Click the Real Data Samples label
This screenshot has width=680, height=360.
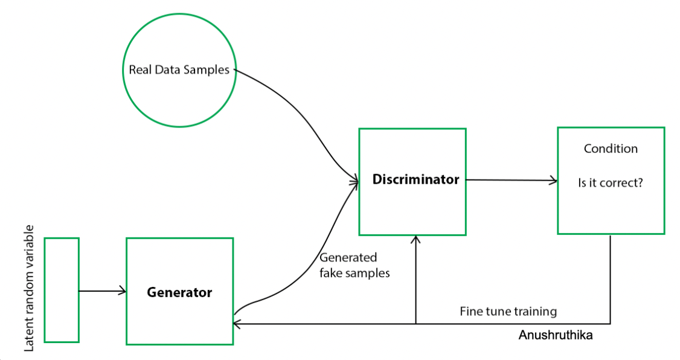tap(179, 70)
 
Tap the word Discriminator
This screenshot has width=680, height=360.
tap(415, 179)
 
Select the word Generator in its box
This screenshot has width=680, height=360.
tap(179, 292)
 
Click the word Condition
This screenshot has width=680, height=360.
tap(611, 149)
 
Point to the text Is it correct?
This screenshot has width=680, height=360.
tap(611, 182)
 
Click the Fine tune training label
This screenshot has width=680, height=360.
tap(508, 312)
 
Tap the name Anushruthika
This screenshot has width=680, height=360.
tap(556, 335)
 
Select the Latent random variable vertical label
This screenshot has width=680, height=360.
tap(28, 288)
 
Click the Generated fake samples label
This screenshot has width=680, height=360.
tap(354, 265)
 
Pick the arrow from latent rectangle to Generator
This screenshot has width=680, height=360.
tap(102, 291)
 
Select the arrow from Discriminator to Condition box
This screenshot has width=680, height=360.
tap(512, 180)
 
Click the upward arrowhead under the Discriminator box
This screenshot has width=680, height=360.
tap(415, 239)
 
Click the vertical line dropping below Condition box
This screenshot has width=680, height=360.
tap(610, 279)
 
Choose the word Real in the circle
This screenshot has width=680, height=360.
tap(140, 69)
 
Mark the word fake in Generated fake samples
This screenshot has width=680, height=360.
tap(330, 273)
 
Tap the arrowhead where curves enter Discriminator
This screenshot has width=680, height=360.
tap(356, 181)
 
